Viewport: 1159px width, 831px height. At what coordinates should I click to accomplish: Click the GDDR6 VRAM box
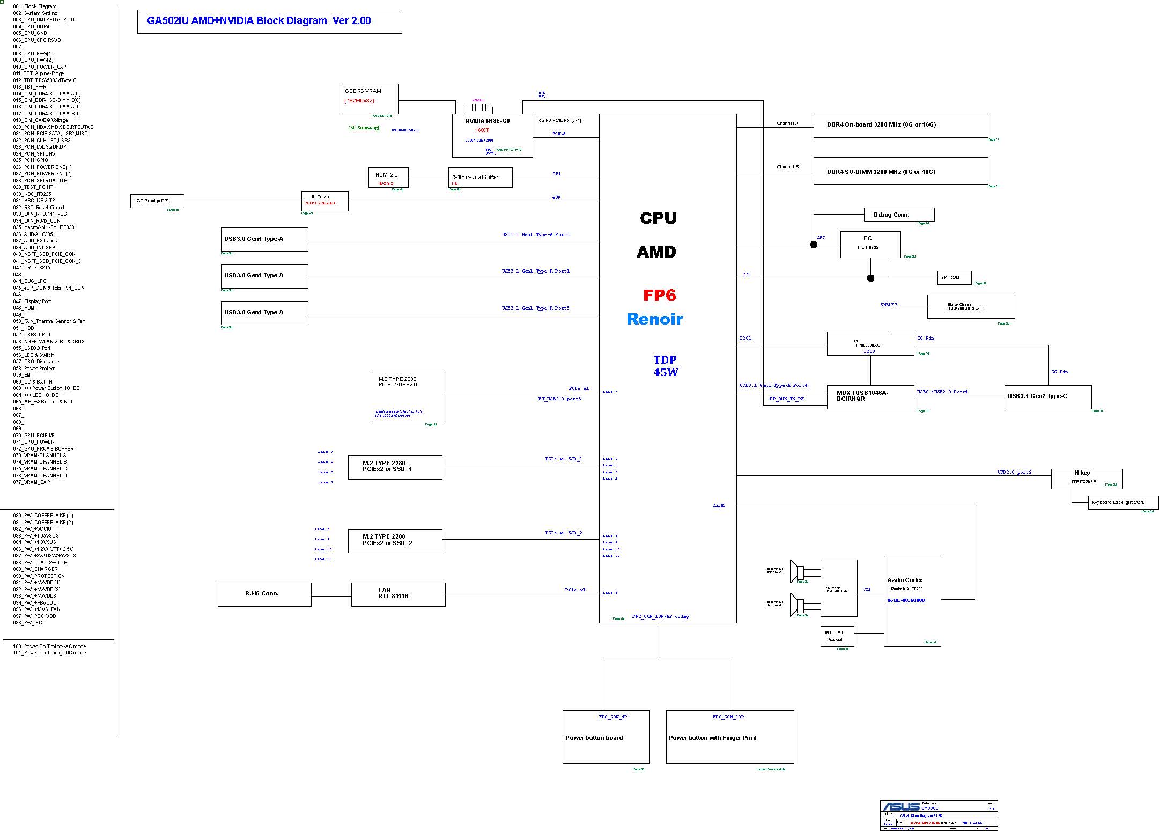370,99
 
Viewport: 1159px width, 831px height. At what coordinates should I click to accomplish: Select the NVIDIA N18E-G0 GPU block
492,135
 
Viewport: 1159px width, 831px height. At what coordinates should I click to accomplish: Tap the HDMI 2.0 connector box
388,177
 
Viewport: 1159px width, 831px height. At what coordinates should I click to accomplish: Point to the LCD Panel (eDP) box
157,201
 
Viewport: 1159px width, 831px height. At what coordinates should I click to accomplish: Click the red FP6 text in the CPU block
659,295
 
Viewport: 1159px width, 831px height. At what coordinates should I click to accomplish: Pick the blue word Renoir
654,319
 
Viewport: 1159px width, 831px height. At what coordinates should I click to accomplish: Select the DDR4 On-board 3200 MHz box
900,126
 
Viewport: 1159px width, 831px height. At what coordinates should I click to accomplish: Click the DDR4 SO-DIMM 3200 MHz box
900,171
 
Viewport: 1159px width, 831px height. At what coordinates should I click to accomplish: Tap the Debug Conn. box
899,215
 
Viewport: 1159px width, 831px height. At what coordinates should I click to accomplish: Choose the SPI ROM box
954,277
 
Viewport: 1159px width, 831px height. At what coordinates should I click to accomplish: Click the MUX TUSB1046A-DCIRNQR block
870,396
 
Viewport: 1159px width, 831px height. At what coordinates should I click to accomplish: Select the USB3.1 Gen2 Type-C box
1047,397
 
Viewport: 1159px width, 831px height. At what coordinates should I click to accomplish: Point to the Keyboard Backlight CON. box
1123,503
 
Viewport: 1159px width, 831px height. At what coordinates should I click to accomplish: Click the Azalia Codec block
912,601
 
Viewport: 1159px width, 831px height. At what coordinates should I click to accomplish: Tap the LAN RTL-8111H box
398,594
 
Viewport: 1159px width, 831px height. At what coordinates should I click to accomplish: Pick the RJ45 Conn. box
264,594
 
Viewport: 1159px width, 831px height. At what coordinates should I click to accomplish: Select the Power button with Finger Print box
729,737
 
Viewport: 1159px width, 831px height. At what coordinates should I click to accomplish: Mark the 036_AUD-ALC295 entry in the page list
33,234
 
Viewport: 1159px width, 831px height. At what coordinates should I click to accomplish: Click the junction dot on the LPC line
814,245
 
